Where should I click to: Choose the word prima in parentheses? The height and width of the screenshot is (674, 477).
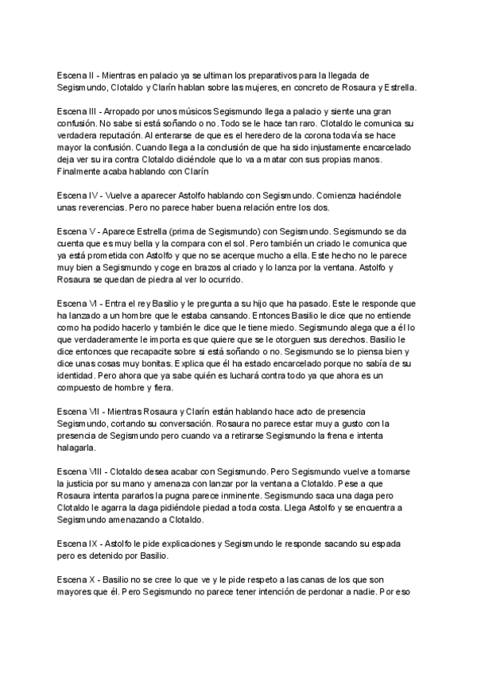coord(191,230)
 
